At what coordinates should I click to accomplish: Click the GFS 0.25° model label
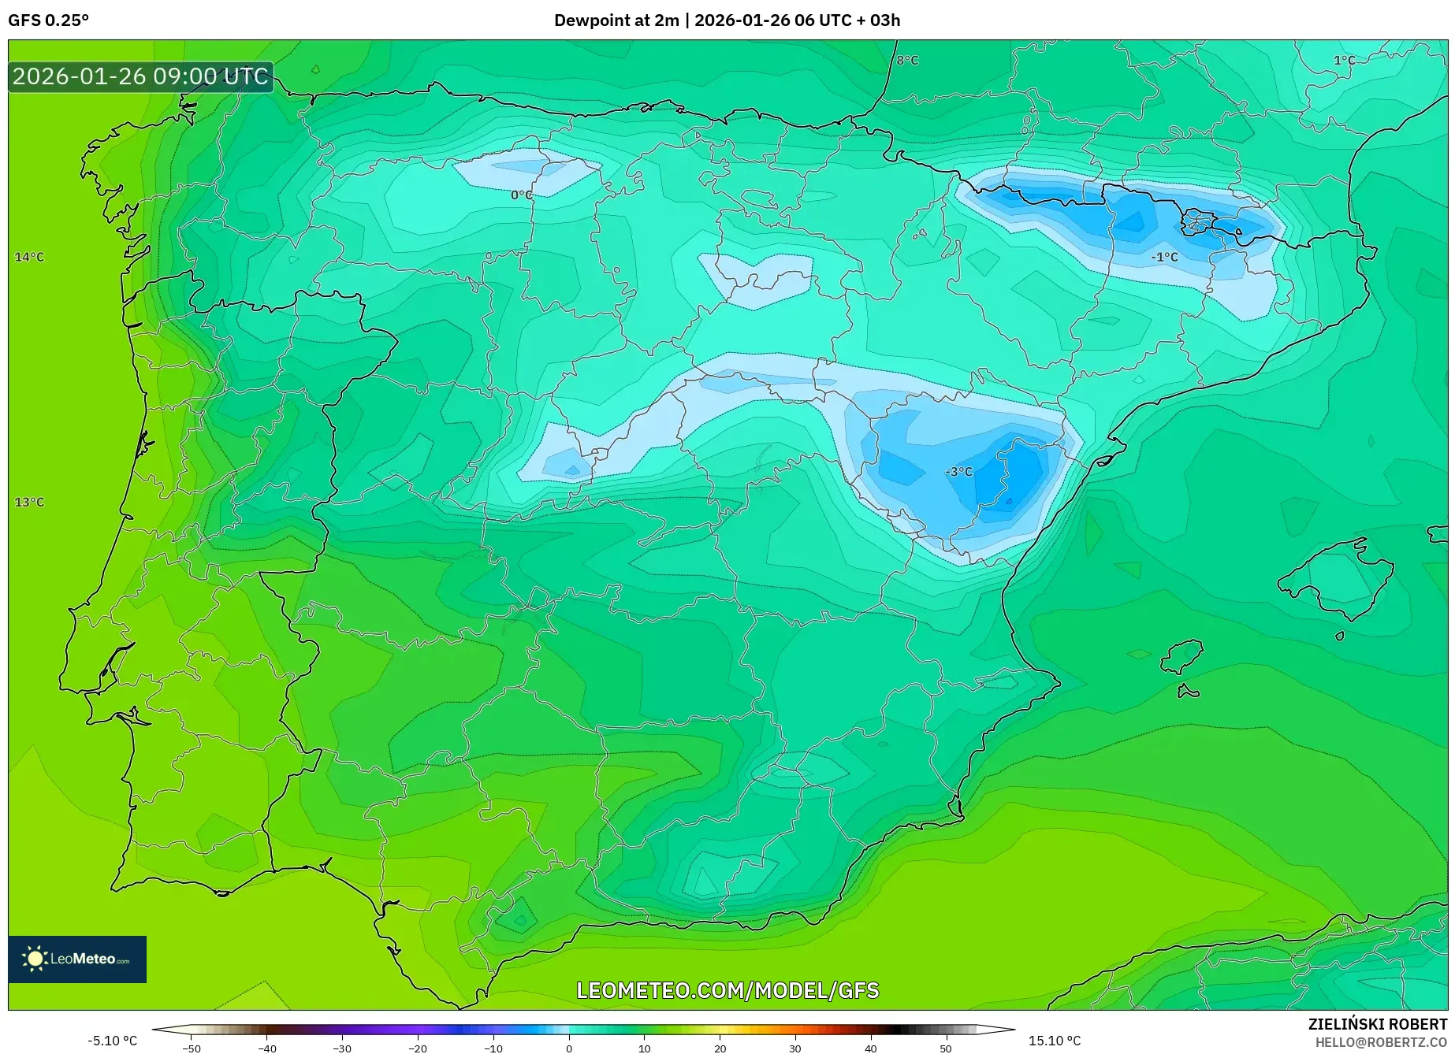pyautogui.click(x=48, y=20)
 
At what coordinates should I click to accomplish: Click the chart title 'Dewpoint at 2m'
pyautogui.click(x=616, y=20)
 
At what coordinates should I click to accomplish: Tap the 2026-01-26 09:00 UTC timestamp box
pyautogui.click(x=140, y=76)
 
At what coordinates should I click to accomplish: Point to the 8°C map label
pyautogui.click(x=907, y=61)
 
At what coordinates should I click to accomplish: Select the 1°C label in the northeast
pyautogui.click(x=1344, y=61)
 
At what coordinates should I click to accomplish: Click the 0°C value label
pyautogui.click(x=521, y=195)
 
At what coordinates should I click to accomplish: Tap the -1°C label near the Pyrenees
pyautogui.click(x=1164, y=257)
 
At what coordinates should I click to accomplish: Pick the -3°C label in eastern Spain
pyautogui.click(x=959, y=472)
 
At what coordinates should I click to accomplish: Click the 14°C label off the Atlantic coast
pyautogui.click(x=29, y=257)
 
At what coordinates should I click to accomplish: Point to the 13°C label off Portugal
pyautogui.click(x=29, y=502)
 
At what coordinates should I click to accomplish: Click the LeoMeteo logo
pyautogui.click(x=77, y=959)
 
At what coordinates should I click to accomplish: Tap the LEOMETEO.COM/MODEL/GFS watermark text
pyautogui.click(x=727, y=990)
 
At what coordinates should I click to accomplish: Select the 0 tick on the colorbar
pyautogui.click(x=569, y=1048)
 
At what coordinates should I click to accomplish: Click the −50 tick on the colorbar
pyautogui.click(x=191, y=1048)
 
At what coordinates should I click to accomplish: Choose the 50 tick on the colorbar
pyautogui.click(x=946, y=1048)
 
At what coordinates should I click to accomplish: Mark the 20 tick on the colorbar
pyautogui.click(x=720, y=1048)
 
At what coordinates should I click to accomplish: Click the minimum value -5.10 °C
pyautogui.click(x=112, y=1041)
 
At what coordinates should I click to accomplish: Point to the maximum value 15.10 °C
pyautogui.click(x=1055, y=1041)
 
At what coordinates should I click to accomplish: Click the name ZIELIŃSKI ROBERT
pyautogui.click(x=1378, y=1024)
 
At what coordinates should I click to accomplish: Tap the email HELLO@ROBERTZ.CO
pyautogui.click(x=1381, y=1042)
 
